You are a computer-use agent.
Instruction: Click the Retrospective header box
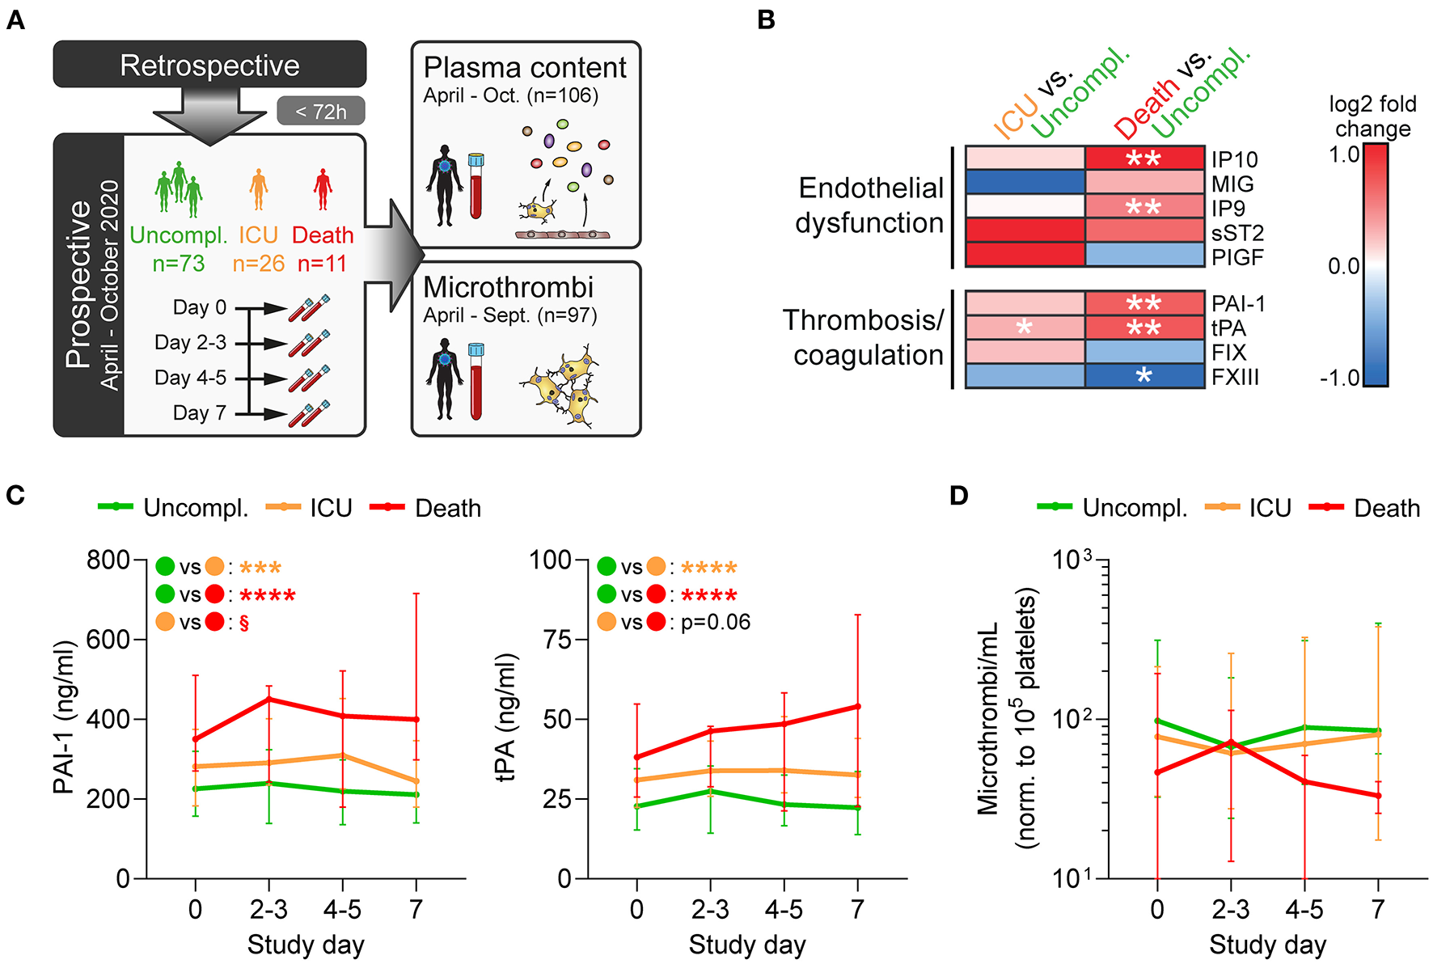(x=209, y=65)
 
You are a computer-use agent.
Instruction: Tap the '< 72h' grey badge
(x=321, y=112)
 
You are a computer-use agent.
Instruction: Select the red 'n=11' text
(x=322, y=264)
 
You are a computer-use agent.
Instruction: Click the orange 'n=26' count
(x=259, y=264)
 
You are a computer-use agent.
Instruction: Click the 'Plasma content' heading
(x=525, y=68)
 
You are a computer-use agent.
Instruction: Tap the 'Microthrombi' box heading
(x=508, y=288)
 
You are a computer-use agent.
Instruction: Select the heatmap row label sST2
(x=1237, y=233)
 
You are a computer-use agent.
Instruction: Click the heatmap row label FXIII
(x=1235, y=378)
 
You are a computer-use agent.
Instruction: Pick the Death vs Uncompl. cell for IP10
(x=1144, y=158)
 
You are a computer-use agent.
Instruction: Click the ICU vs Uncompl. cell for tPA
(x=1025, y=328)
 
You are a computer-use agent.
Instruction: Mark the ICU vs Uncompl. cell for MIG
(x=1025, y=182)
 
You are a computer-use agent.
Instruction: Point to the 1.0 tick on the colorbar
(x=1344, y=154)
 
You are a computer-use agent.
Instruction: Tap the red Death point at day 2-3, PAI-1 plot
(x=268, y=700)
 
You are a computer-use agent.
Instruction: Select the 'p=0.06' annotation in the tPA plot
(x=716, y=622)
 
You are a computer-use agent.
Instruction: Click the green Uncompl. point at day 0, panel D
(x=1157, y=721)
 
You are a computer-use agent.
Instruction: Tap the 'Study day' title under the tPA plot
(x=747, y=945)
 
